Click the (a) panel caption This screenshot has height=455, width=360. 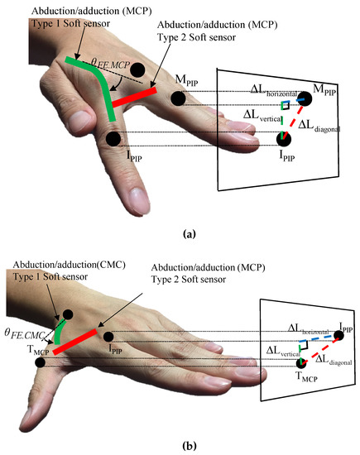[187, 235]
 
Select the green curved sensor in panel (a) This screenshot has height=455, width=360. [94, 83]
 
